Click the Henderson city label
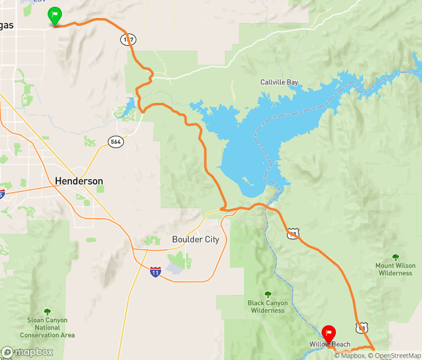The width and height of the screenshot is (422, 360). point(79,181)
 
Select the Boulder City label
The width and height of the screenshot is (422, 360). point(195,240)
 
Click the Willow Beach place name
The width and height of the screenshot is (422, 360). point(330,345)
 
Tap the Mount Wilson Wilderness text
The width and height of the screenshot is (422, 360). point(395,269)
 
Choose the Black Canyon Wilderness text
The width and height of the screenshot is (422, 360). point(268,307)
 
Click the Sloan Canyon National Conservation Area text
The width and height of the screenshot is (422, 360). point(48,328)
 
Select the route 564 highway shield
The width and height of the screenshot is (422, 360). point(115,141)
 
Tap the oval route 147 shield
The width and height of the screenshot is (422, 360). point(128,39)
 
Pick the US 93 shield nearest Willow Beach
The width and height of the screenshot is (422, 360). point(362,327)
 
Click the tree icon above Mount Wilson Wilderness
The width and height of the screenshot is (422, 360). point(395,257)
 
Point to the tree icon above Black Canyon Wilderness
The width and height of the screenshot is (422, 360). point(268,294)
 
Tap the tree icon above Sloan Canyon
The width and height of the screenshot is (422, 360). point(48,312)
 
